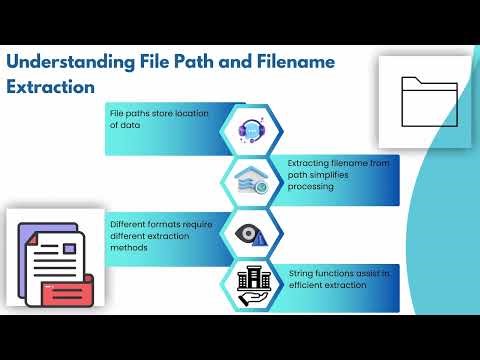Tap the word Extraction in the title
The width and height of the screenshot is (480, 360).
click(x=51, y=86)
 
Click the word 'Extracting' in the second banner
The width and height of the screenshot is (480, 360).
click(x=312, y=162)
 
